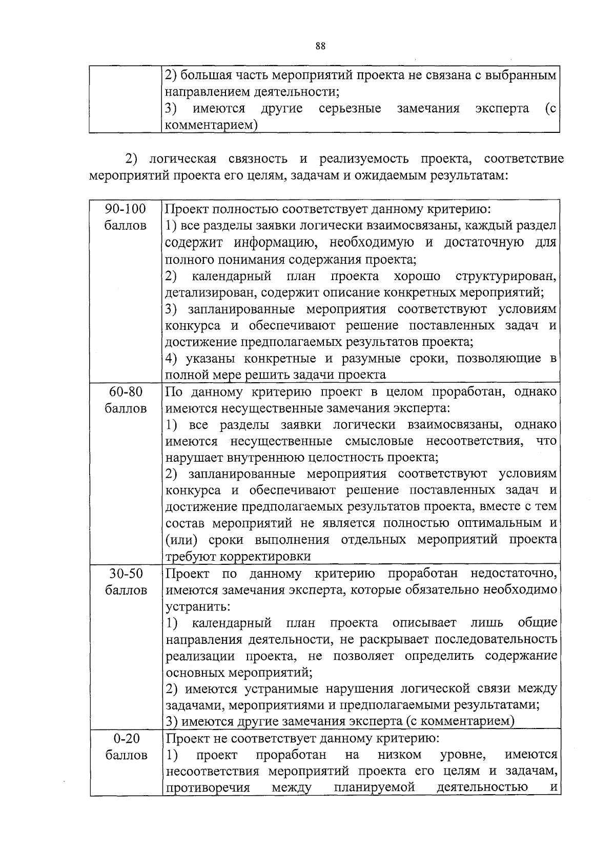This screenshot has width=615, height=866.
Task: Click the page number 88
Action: (320, 46)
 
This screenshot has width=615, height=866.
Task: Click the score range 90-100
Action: (126, 209)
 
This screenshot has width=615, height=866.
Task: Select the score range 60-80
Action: (126, 392)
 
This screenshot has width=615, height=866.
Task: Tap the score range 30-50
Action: (126, 573)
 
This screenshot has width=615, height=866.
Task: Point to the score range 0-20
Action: (126, 739)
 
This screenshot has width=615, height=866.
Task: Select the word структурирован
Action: (505, 277)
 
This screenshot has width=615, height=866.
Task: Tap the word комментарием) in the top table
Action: (211, 125)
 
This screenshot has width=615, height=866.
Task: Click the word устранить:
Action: (198, 606)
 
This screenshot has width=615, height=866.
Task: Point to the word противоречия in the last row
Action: (208, 788)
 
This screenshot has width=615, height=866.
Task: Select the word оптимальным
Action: (500, 523)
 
